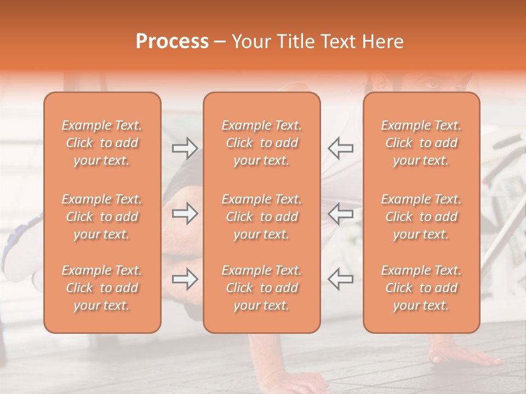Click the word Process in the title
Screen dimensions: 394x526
tap(172, 42)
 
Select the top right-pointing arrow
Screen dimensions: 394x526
tap(185, 148)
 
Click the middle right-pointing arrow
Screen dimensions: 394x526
tap(185, 213)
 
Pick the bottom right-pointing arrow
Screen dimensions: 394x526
tap(185, 279)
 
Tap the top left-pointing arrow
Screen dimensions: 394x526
tap(340, 148)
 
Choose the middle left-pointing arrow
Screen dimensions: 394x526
tap(340, 213)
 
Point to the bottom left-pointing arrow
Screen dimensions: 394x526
tap(340, 279)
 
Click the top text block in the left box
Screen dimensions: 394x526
tap(102, 143)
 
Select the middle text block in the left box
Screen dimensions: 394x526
tap(102, 217)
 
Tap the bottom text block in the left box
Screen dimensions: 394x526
tap(102, 288)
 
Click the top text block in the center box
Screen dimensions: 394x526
tap(261, 143)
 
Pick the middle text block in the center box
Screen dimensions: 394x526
tap(261, 217)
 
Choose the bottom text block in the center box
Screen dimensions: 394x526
tap(261, 288)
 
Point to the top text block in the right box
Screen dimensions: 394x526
tap(421, 143)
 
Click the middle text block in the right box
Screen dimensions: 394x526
tap(421, 217)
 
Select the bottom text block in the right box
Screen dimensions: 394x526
tap(421, 288)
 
